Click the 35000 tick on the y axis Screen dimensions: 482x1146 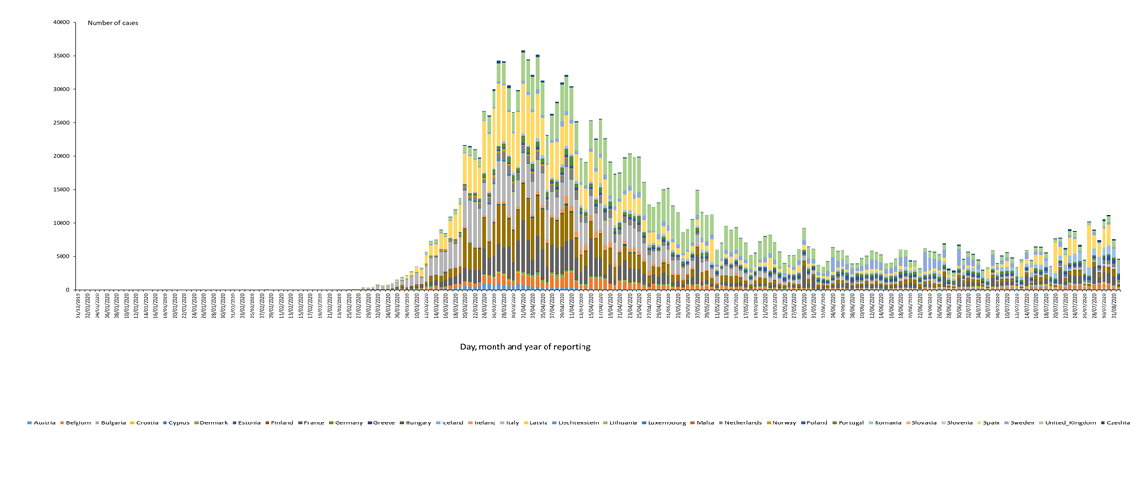[61, 56]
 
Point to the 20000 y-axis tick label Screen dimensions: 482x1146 [61, 156]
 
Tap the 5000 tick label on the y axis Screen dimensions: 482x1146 [62, 256]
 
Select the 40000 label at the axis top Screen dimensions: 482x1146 [61, 22]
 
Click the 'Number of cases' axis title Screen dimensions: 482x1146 [113, 23]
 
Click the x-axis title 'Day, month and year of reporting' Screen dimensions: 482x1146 [525, 347]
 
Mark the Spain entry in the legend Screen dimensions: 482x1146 [989, 422]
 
